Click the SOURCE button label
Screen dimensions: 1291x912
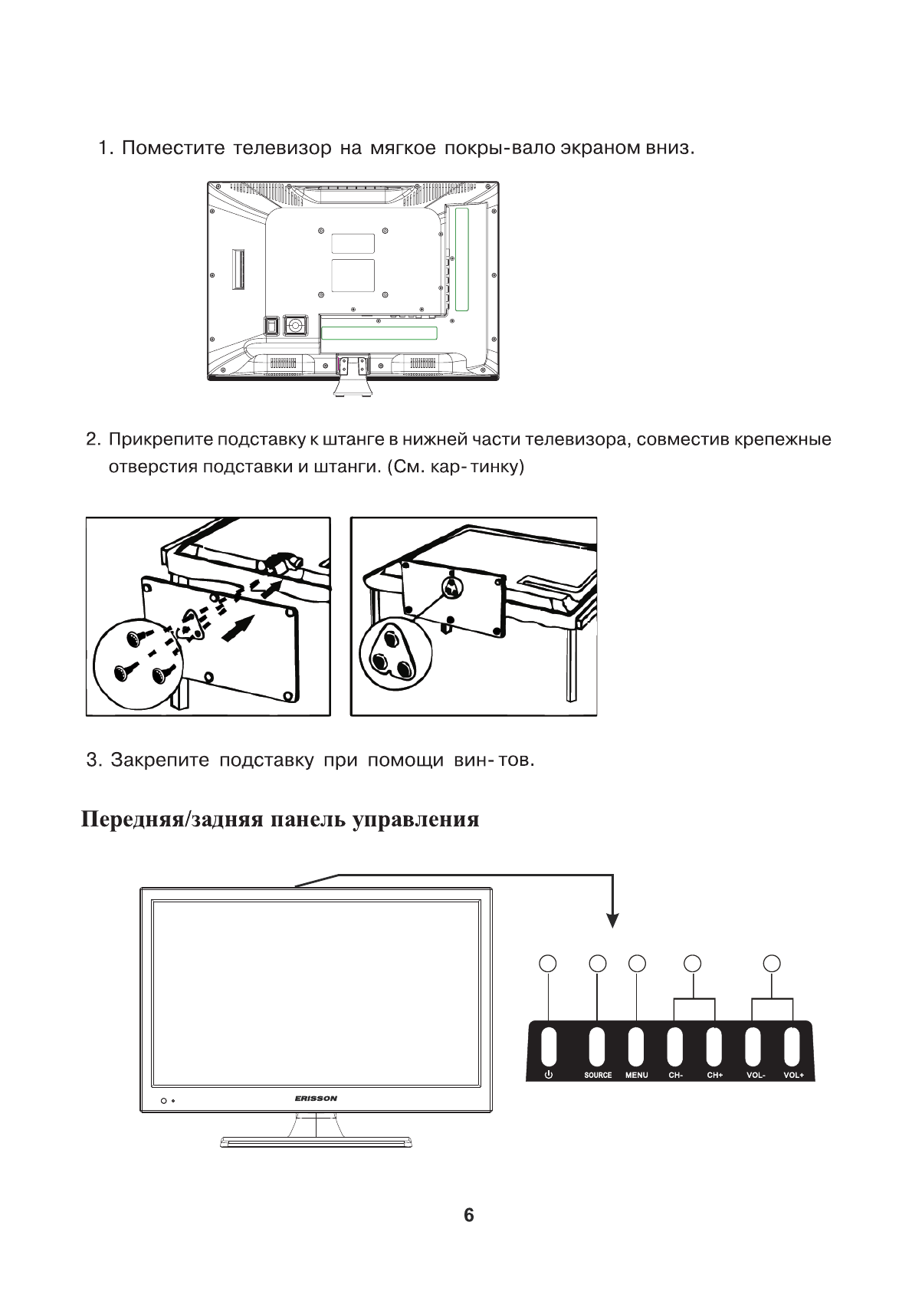tap(598, 1075)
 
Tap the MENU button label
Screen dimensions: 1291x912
tap(636, 1075)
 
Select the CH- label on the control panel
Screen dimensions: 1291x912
tap(675, 1075)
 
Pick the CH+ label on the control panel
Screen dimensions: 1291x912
tap(714, 1075)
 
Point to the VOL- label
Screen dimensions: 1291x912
tap(755, 1075)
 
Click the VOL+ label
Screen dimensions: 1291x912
tap(793, 1075)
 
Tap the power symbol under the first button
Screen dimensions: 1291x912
tap(548, 1075)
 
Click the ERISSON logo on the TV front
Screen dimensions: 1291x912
tap(316, 1099)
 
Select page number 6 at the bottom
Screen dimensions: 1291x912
tap(468, 1215)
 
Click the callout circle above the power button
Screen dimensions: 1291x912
tap(548, 963)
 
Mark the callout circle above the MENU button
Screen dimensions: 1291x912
tap(636, 963)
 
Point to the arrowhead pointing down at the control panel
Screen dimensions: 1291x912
tap(612, 919)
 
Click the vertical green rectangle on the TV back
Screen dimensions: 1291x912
tap(461, 259)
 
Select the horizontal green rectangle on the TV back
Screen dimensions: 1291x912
tap(379, 333)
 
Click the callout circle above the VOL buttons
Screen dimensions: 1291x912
tap(773, 963)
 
